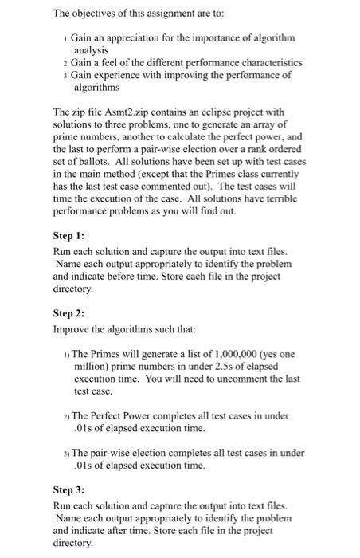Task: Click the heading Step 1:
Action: click(x=69, y=237)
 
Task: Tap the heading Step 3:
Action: click(x=69, y=490)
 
